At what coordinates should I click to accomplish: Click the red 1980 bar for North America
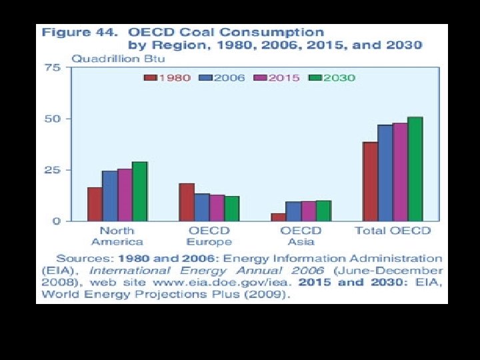[95, 204]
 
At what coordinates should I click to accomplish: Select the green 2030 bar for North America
[139, 191]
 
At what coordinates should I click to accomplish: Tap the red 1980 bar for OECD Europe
[187, 202]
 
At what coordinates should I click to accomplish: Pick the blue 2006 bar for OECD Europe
[202, 207]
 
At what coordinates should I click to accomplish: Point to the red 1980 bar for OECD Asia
[278, 217]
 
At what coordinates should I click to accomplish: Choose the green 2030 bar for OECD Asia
[323, 211]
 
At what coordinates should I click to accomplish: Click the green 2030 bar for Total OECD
[415, 169]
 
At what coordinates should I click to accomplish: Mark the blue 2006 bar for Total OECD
[385, 173]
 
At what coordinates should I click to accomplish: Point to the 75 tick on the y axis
[53, 67]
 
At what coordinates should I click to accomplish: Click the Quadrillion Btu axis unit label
[113, 57]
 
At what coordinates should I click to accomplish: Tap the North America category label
[117, 236]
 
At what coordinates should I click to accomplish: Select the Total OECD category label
[393, 231]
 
